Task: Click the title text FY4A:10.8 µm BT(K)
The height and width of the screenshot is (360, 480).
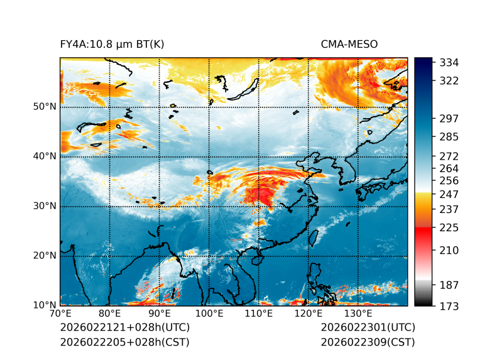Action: pos(112,44)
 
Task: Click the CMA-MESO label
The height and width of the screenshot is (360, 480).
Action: pos(349,44)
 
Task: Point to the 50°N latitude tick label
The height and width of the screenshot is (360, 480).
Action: pos(45,107)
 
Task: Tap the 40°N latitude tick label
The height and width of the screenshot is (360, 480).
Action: pos(45,156)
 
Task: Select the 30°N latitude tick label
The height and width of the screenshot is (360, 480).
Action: pos(45,206)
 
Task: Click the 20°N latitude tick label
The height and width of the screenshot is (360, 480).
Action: pos(45,256)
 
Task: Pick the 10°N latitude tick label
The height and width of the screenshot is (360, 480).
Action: pos(45,305)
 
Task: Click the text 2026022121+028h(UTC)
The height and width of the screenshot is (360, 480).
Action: pos(124,328)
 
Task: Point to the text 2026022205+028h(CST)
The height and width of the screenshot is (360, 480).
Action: pos(124,342)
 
